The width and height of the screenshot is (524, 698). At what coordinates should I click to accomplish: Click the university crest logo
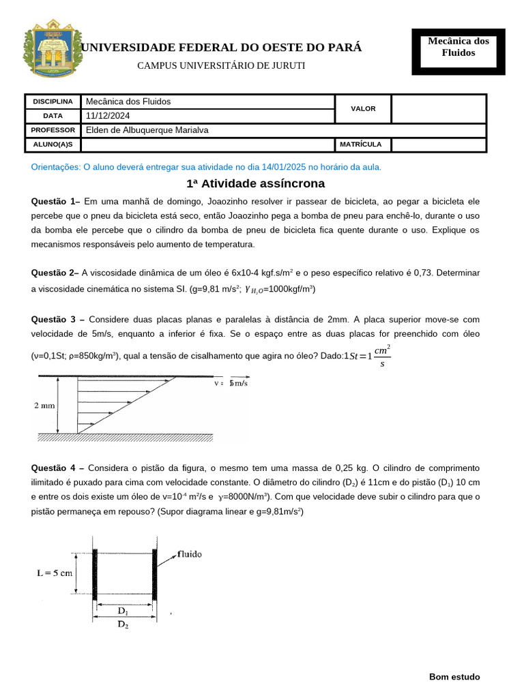[x=53, y=52]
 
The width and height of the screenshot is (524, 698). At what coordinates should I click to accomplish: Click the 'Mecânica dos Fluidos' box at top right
[x=458, y=47]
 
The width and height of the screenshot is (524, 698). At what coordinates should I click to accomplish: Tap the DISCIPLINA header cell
[x=53, y=102]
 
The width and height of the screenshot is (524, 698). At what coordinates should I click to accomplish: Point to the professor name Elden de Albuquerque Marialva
[x=147, y=130]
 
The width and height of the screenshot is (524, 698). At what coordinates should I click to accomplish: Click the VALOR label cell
[x=363, y=108]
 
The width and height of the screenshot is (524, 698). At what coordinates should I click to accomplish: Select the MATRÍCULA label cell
[x=364, y=145]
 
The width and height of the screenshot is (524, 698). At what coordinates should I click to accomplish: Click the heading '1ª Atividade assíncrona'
[x=256, y=184]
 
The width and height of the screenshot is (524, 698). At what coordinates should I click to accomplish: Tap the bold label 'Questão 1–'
[x=56, y=202]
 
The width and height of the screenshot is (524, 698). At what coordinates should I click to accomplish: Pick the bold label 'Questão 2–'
[x=55, y=273]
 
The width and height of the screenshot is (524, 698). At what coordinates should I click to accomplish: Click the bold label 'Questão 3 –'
[x=58, y=320]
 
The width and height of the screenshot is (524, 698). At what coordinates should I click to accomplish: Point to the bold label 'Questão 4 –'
[x=58, y=468]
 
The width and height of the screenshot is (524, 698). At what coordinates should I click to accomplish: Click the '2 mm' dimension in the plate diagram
[x=44, y=406]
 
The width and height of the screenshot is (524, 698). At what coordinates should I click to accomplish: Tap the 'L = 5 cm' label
[x=55, y=573]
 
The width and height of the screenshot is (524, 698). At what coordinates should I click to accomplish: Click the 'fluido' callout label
[x=190, y=554]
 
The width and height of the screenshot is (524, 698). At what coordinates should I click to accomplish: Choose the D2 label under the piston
[x=123, y=625]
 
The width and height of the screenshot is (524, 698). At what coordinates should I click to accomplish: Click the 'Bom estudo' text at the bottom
[x=454, y=677]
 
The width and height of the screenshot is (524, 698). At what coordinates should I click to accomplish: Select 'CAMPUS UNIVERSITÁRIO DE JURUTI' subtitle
[x=221, y=65]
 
